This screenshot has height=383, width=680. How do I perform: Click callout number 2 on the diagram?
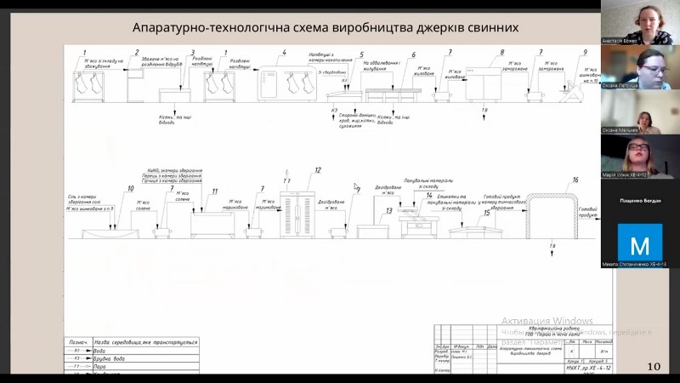(137, 53)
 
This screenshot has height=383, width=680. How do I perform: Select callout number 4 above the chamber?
(284, 53)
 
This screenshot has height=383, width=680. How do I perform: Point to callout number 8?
(501, 53)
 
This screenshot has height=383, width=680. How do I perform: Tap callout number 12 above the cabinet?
(318, 170)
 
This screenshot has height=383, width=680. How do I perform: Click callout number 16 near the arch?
(575, 180)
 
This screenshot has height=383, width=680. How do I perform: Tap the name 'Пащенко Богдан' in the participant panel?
(639, 201)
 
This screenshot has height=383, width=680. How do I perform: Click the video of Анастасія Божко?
(639, 22)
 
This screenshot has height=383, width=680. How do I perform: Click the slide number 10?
(654, 367)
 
